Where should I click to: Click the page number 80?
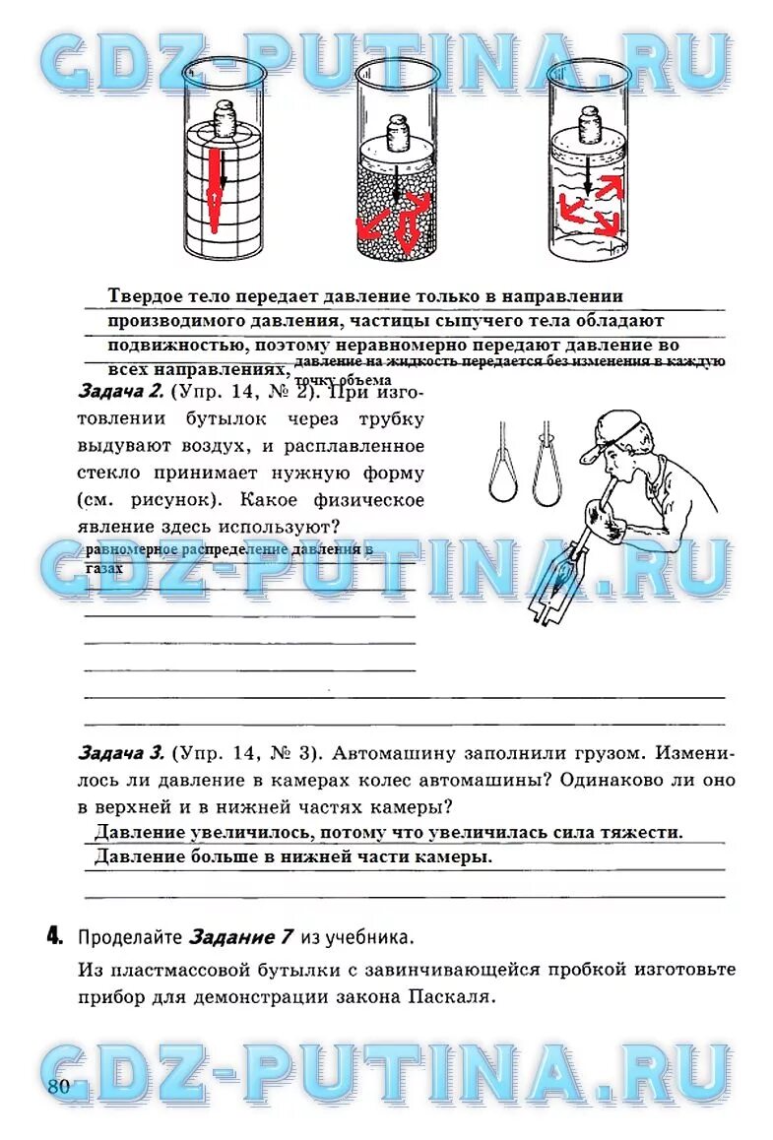point(57,1087)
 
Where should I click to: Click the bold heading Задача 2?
point(119,392)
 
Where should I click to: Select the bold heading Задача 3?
point(120,754)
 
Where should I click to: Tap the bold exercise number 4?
point(54,935)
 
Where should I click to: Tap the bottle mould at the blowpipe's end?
point(554,590)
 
